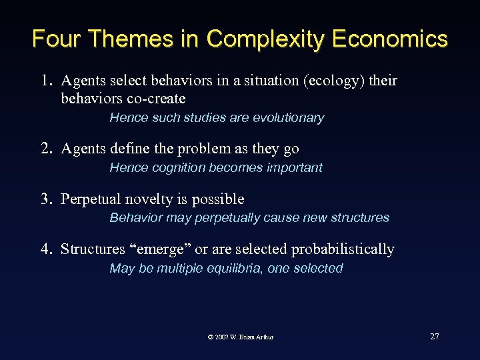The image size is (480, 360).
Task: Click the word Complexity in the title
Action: click(x=263, y=39)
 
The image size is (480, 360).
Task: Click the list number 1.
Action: click(x=45, y=81)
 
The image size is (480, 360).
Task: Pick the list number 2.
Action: click(x=45, y=149)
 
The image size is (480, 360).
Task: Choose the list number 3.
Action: click(x=45, y=199)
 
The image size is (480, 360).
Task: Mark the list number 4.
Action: click(x=45, y=249)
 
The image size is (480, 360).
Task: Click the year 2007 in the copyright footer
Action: click(x=223, y=337)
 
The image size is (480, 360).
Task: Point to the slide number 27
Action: click(x=435, y=337)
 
